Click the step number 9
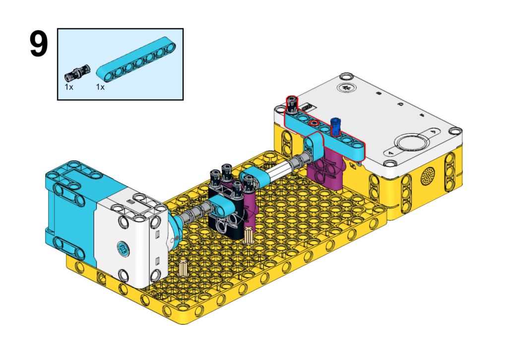click(39, 44)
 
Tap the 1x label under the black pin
click(68, 87)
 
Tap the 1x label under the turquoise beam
click(100, 87)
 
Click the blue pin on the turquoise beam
click(336, 127)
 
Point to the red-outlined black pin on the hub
click(292, 104)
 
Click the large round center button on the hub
click(411, 143)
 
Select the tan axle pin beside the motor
click(184, 268)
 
